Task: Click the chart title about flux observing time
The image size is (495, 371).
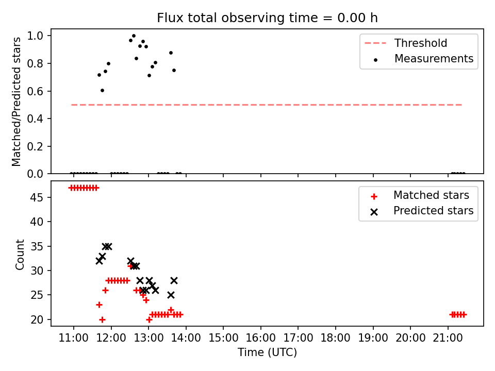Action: pyautogui.click(x=267, y=18)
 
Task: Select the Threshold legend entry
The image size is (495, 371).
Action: pyautogui.click(x=406, y=43)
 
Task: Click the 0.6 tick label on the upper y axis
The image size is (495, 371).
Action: pyautogui.click(x=35, y=91)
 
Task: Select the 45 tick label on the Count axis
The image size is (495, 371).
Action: pyautogui.click(x=37, y=197)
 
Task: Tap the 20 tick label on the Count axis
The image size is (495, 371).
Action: pyautogui.click(x=37, y=319)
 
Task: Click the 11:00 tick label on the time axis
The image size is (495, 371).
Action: pyautogui.click(x=74, y=338)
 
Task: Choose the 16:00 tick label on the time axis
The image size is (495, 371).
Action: pyautogui.click(x=261, y=338)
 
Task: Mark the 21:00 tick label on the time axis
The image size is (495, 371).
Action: pyautogui.click(x=448, y=338)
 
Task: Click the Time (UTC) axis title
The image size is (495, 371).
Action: pyautogui.click(x=268, y=352)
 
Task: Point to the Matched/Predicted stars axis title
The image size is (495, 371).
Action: pyautogui.click(x=16, y=102)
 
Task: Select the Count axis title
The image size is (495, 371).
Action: pyautogui.click(x=20, y=255)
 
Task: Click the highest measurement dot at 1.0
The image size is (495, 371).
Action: pyautogui.click(x=134, y=36)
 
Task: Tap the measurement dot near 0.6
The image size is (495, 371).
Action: pyautogui.click(x=102, y=91)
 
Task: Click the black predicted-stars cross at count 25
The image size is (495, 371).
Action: pyautogui.click(x=171, y=295)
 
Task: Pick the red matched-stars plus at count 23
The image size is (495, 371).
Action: pyautogui.click(x=99, y=305)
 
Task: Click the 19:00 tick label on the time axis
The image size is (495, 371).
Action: pyautogui.click(x=373, y=338)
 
